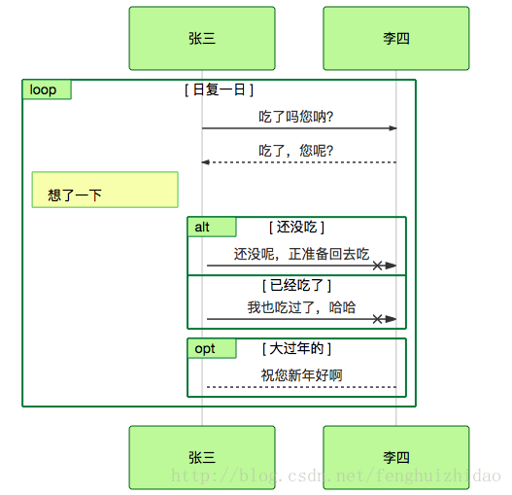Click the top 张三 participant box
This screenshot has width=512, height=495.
click(202, 38)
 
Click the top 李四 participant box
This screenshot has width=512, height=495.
click(396, 38)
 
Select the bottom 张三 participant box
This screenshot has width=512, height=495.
click(202, 457)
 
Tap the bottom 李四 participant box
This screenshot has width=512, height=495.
click(396, 457)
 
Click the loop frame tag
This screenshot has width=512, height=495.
click(47, 89)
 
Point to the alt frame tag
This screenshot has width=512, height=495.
click(212, 227)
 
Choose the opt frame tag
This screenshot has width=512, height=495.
click(212, 348)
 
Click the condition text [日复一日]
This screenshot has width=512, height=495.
click(219, 89)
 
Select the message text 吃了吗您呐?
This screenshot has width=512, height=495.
click(296, 117)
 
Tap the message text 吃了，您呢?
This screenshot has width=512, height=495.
click(296, 151)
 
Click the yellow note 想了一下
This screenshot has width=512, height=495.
click(105, 190)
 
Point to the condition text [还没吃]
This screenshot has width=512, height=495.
click(296, 227)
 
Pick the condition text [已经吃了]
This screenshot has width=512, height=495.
click(296, 285)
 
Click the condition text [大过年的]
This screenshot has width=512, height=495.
click(296, 348)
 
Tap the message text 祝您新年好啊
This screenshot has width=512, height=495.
click(301, 375)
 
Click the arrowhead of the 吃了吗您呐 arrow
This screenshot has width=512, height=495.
click(393, 128)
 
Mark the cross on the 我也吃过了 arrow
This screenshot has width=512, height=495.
click(377, 319)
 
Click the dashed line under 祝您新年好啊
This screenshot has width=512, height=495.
click(302, 387)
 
